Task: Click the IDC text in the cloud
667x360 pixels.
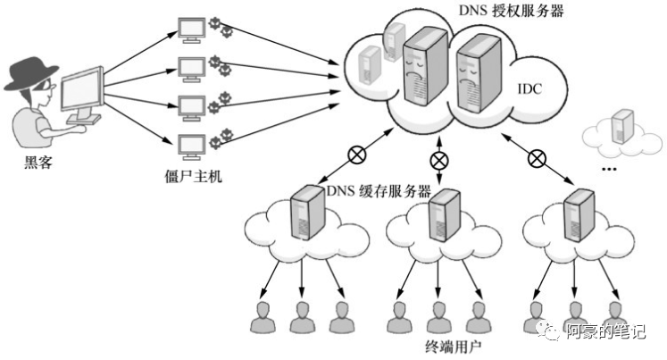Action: point(529,89)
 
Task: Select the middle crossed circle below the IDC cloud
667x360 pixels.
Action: point(439,161)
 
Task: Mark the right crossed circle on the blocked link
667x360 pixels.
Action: point(536,158)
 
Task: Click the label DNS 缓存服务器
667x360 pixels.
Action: point(379,191)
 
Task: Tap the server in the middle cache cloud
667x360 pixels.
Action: point(438,215)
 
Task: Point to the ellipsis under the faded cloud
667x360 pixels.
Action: point(610,168)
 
